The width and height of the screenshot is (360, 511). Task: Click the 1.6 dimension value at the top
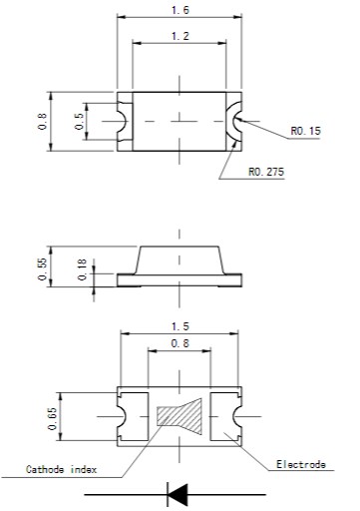[x=180, y=9]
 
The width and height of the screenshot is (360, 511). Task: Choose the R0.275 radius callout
[x=265, y=172]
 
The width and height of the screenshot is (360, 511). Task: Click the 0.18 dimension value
[x=80, y=270]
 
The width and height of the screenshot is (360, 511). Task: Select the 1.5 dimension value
[x=180, y=326]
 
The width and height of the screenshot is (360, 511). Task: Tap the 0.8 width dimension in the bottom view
[x=180, y=344]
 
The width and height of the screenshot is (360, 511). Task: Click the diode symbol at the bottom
[x=180, y=492]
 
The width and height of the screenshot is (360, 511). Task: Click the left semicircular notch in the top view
[x=124, y=121]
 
